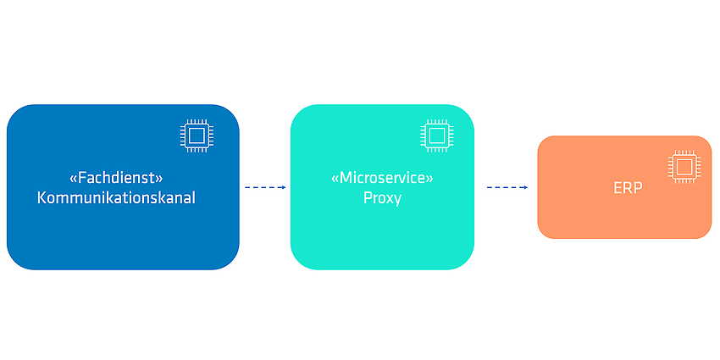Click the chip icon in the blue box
(197, 136)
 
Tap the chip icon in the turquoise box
(437, 136)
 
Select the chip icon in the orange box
(684, 166)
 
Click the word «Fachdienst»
(117, 178)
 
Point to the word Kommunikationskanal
(116, 198)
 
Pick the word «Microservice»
(383, 178)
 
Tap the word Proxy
(383, 198)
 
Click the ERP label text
(628, 188)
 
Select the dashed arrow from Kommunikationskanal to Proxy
(265, 187)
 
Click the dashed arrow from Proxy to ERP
(507, 187)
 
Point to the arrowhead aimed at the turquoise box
(284, 187)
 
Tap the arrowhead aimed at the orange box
(526, 187)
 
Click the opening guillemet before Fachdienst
(73, 179)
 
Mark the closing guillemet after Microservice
(430, 179)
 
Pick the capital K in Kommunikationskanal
(42, 198)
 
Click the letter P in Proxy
(368, 198)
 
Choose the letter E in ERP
(618, 188)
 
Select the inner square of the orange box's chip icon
(684, 166)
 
